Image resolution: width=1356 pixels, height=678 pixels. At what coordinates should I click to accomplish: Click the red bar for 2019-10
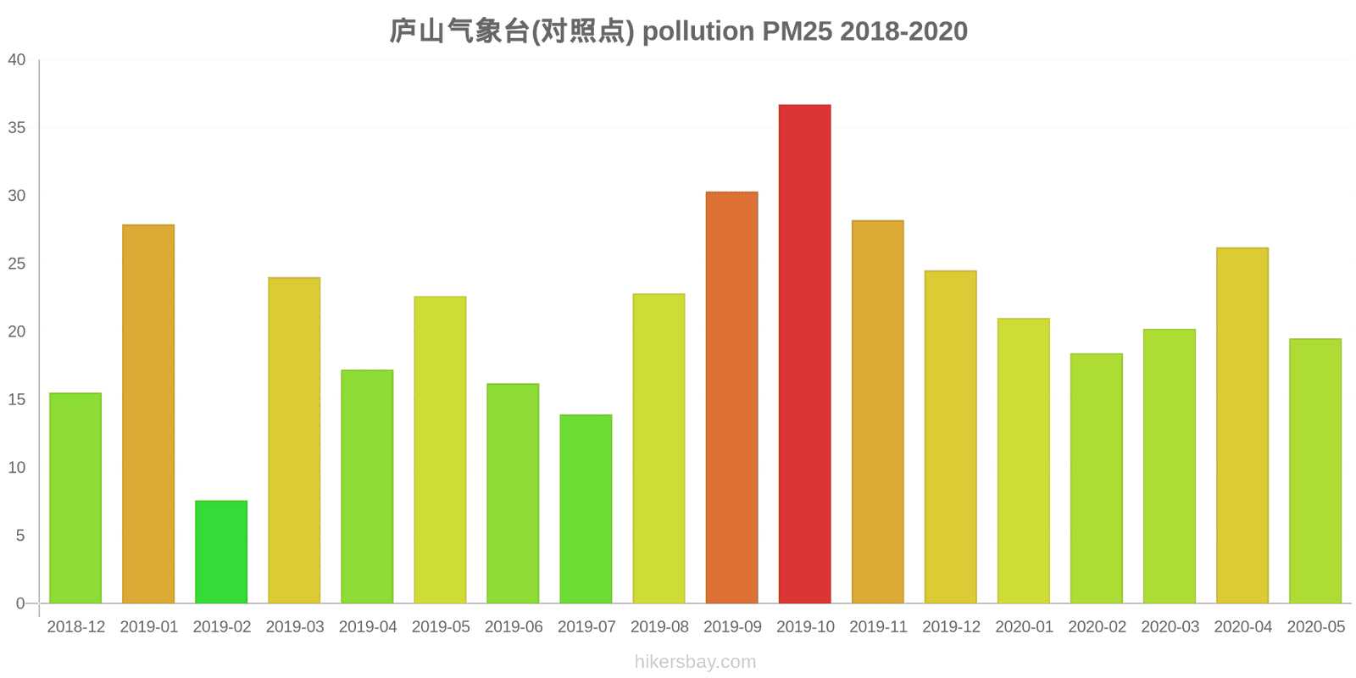(804, 353)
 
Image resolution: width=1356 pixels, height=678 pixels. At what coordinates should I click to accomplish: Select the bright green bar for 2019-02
(221, 552)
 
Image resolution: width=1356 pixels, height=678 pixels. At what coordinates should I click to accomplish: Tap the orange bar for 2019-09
(731, 397)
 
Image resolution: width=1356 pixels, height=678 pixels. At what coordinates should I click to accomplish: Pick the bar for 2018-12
(75, 497)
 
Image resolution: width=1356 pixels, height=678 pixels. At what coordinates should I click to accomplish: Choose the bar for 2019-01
(148, 414)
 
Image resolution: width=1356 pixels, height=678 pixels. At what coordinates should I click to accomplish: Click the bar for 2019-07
(586, 508)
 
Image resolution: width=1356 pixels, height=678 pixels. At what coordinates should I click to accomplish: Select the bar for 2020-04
(1242, 425)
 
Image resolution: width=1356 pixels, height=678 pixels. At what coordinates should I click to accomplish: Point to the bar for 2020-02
(1096, 478)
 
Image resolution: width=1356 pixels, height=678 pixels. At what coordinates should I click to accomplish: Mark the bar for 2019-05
(440, 449)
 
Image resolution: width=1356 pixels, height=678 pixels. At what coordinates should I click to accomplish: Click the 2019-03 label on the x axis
(295, 627)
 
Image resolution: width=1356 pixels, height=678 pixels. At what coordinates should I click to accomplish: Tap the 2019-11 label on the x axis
(878, 627)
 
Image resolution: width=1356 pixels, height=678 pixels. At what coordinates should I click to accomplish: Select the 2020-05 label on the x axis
(1315, 627)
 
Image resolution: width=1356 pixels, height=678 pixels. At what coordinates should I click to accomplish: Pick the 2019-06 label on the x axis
(514, 627)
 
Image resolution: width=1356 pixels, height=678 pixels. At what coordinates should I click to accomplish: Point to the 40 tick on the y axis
(17, 60)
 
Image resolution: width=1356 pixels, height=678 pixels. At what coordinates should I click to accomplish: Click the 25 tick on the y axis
(17, 264)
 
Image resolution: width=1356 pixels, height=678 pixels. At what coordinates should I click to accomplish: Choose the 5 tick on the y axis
(21, 536)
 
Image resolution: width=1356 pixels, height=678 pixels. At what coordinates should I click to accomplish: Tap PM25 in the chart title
(797, 31)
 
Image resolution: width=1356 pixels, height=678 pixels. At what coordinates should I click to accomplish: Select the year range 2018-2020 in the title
(904, 31)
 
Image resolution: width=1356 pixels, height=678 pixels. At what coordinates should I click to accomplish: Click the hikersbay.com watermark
(695, 662)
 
